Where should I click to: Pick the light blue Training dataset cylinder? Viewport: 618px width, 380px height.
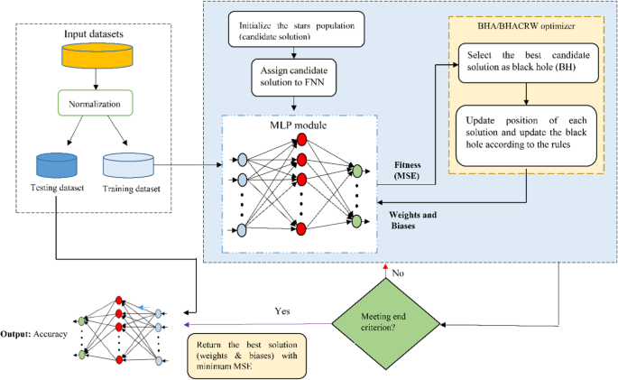click(128, 164)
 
